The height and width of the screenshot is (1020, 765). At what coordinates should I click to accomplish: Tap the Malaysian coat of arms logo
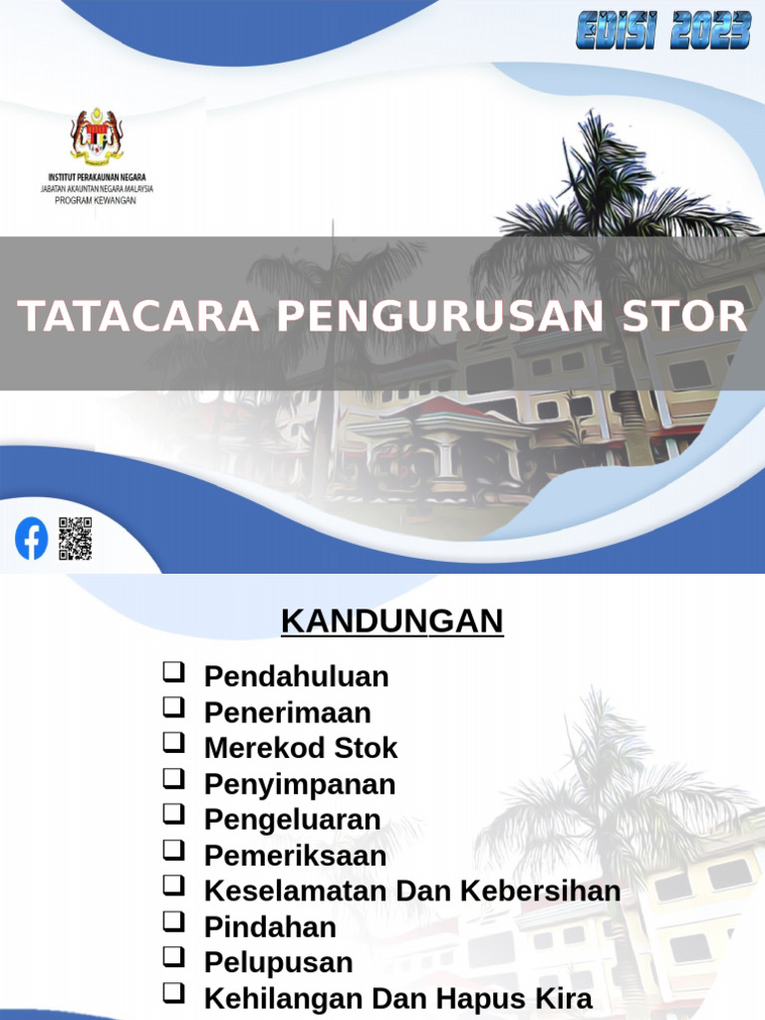97,136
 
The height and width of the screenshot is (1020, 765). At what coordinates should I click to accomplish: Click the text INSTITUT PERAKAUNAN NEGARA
97,176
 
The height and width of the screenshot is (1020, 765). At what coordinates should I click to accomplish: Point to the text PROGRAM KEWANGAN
96,200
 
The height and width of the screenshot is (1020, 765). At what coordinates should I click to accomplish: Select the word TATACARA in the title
139,316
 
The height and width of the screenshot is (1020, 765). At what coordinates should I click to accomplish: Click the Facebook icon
31,539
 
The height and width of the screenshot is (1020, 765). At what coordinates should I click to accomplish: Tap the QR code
75,539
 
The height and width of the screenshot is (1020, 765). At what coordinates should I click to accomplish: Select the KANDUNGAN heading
391,621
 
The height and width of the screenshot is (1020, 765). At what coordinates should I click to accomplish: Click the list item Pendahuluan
296,676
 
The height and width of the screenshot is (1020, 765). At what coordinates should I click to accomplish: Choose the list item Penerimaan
287,712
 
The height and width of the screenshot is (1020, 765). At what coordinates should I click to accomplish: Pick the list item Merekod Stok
301,748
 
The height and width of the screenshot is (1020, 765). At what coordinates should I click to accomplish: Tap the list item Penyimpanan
300,784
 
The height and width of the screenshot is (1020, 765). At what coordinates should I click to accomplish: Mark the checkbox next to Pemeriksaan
174,852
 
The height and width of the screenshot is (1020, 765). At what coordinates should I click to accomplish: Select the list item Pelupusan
278,962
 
